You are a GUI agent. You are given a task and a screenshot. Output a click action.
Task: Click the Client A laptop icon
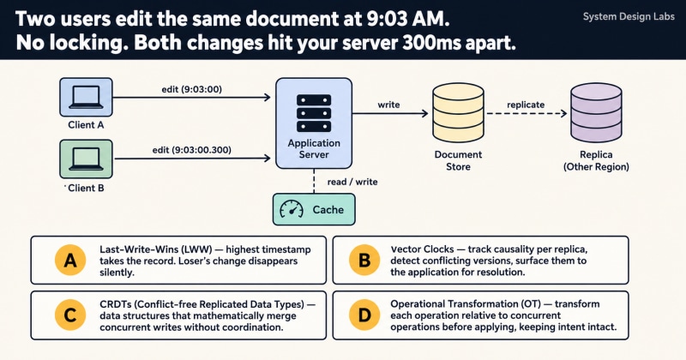tap(86, 97)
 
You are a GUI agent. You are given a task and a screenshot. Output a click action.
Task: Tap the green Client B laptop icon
tap(86, 159)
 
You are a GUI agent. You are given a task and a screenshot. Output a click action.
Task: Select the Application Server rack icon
tap(314, 113)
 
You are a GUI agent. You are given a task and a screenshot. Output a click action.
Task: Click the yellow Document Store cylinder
tap(458, 112)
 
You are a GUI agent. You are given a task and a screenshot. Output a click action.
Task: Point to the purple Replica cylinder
tap(596, 112)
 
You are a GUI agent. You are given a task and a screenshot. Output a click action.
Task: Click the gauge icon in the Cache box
tap(292, 209)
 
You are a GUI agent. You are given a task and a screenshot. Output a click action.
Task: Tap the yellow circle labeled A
tap(70, 261)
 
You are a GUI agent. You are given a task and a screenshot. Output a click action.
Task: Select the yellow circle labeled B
tap(364, 261)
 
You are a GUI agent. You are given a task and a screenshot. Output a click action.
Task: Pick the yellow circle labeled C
tap(70, 315)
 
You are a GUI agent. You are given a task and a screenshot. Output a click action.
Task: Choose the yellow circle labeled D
tap(364, 315)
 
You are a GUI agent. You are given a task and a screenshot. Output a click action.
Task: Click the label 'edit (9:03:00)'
tap(191, 89)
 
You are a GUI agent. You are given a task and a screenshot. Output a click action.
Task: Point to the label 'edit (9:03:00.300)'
tap(191, 150)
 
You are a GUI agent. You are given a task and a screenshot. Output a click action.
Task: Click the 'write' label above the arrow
tap(388, 105)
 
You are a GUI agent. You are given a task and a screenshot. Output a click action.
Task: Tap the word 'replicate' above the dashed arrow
tap(526, 105)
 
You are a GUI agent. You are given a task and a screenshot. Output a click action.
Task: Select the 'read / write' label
tap(352, 182)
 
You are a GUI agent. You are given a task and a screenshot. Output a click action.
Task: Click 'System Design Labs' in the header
tap(629, 17)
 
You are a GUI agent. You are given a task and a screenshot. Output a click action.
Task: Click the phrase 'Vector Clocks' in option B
tap(422, 249)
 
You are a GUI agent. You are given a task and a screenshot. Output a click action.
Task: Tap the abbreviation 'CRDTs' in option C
tap(115, 304)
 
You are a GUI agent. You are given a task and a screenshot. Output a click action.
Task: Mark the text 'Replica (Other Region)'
tap(596, 160)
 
